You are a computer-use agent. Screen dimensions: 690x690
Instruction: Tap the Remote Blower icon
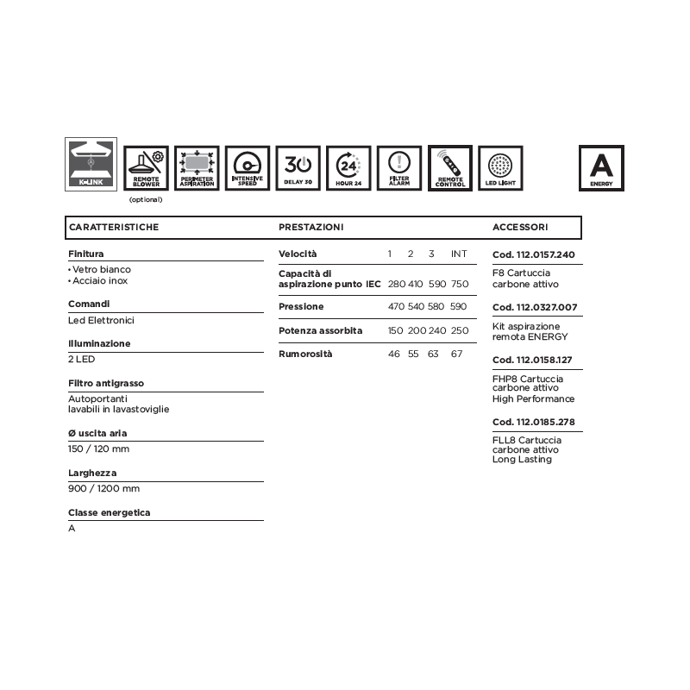click(x=147, y=167)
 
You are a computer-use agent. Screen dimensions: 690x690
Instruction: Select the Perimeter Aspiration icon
click(x=198, y=167)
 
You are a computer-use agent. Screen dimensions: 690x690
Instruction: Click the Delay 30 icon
click(x=298, y=167)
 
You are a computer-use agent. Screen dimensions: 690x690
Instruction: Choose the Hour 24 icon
click(x=349, y=167)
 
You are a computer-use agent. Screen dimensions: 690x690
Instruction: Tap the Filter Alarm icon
click(x=399, y=167)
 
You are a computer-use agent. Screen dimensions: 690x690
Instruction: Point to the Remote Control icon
click(x=450, y=167)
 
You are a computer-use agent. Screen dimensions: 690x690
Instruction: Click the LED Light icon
click(x=500, y=167)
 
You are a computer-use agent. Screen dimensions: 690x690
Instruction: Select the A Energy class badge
click(x=601, y=167)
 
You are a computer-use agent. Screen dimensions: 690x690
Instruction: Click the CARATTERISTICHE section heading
click(x=113, y=228)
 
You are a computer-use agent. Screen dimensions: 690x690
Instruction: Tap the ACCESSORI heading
click(x=519, y=228)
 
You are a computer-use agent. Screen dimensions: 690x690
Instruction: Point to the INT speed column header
click(x=459, y=254)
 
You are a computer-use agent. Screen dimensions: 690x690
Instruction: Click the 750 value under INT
click(x=459, y=284)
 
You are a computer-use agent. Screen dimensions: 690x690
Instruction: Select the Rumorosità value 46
click(x=394, y=354)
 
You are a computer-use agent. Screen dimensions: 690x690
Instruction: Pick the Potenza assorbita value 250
click(x=459, y=330)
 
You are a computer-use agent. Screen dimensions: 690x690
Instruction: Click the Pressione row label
click(x=301, y=307)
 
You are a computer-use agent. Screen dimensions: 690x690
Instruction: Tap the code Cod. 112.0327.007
click(x=534, y=308)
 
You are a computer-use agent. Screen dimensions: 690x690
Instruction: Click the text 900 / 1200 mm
click(x=103, y=488)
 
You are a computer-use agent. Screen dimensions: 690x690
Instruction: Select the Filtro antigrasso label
click(x=106, y=382)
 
